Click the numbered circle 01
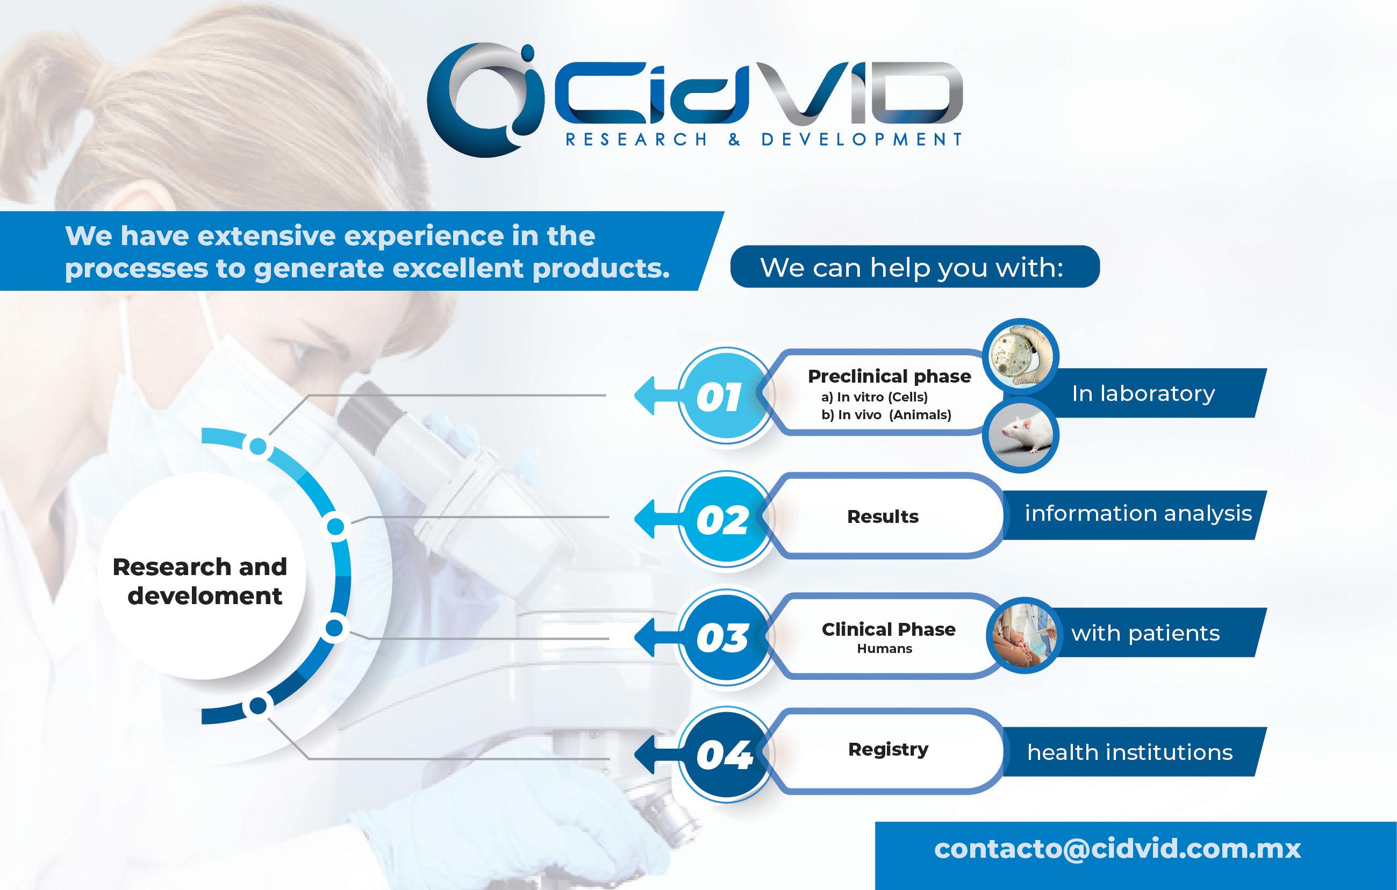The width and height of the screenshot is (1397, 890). coord(726,396)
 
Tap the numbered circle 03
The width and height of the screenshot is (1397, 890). coord(726,637)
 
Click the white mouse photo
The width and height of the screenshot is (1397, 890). coord(1021,435)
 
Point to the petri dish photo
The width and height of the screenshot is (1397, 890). coord(1021,356)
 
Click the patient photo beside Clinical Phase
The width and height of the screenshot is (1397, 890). coord(1023,635)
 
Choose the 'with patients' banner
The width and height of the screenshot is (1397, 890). coord(1151,633)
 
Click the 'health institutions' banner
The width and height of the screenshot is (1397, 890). coord(1135,751)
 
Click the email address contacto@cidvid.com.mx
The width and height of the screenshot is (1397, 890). coord(1117,849)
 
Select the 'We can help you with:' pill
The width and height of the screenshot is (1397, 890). coord(915,267)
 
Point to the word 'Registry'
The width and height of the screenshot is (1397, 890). coord(888,750)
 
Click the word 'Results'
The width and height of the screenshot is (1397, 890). coord(883,516)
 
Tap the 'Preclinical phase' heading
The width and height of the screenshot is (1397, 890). coord(890,376)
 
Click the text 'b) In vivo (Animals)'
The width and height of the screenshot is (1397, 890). coord(886,415)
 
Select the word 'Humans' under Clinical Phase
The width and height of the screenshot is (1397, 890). coord(885,649)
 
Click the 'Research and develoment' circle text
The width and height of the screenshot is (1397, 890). coord(200,581)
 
